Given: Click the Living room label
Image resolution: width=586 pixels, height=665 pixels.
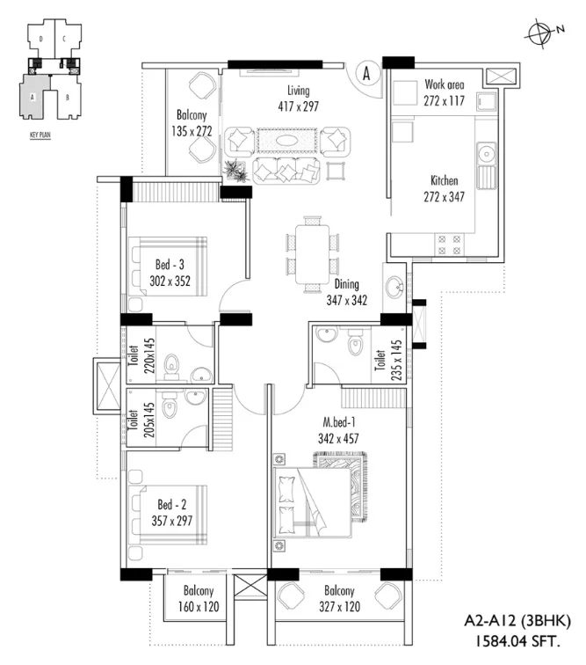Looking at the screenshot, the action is [x=299, y=91].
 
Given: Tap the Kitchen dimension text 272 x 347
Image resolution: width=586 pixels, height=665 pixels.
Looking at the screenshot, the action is [x=444, y=197].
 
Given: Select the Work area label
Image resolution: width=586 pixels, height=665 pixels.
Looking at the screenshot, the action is [x=444, y=84].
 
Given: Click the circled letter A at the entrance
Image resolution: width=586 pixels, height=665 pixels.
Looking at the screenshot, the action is [x=366, y=73].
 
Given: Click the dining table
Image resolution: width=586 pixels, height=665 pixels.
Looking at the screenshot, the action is [x=312, y=254].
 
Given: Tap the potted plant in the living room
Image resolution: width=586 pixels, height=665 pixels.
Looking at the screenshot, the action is [x=235, y=171].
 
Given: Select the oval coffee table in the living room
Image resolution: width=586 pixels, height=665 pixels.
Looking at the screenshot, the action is [x=287, y=140].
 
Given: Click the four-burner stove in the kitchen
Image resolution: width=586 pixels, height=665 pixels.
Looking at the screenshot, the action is [x=449, y=245].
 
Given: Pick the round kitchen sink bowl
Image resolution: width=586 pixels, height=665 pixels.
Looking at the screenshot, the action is [x=487, y=154].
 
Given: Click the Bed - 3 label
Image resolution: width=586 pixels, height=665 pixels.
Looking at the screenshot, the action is [x=170, y=265].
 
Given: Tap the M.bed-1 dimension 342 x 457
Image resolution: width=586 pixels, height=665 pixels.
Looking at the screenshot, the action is [x=338, y=438].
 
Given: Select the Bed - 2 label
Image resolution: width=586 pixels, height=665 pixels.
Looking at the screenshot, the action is [x=171, y=504].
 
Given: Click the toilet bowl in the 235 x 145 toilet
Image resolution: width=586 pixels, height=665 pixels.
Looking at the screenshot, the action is [x=355, y=344].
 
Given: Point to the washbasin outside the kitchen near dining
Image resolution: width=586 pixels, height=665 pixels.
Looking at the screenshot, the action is [x=394, y=287].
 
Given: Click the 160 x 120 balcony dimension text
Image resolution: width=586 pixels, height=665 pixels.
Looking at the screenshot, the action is [x=199, y=606].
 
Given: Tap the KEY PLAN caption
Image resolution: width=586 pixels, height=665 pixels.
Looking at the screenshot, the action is [x=40, y=135].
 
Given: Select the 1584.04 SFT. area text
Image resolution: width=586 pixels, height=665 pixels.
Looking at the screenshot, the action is [x=517, y=640].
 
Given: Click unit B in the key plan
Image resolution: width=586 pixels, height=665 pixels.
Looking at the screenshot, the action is [x=68, y=98].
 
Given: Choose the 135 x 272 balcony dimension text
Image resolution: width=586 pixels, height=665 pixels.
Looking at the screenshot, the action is [x=192, y=131].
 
